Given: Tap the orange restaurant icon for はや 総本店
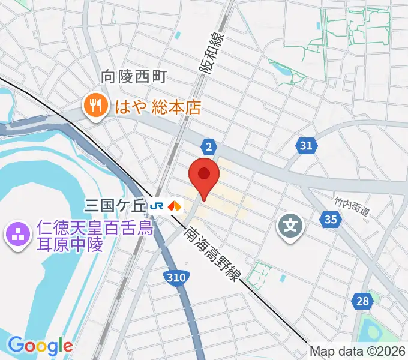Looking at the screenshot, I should [x=95, y=107].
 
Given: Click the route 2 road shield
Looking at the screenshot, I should [x=208, y=146].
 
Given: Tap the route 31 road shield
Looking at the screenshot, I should [x=306, y=145].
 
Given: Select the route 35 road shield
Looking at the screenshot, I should [x=330, y=220].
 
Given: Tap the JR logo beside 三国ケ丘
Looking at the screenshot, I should [x=158, y=206].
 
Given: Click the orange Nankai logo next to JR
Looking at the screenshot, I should [x=175, y=206].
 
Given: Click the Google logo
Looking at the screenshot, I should [x=40, y=346].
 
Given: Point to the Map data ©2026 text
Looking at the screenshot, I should [x=358, y=351].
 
